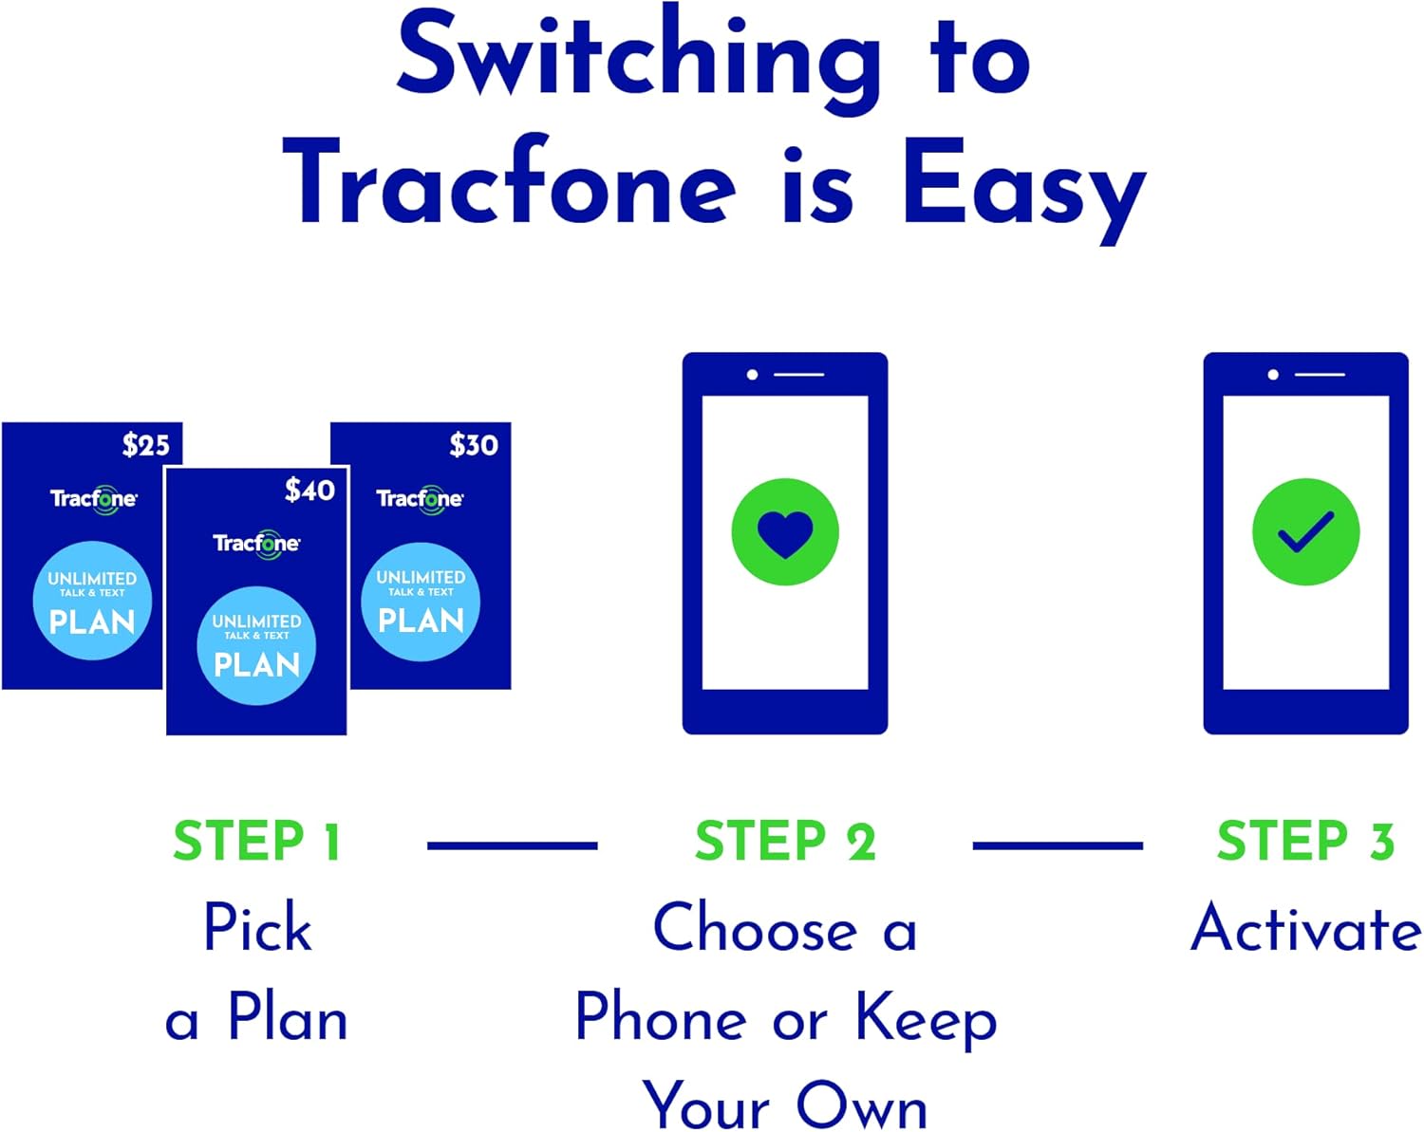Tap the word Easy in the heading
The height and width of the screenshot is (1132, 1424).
point(1023,185)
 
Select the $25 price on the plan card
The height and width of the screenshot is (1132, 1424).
point(145,444)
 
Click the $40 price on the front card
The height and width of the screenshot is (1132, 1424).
point(309,490)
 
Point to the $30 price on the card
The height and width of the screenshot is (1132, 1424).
point(473,444)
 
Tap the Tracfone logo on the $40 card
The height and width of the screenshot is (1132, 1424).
point(256,543)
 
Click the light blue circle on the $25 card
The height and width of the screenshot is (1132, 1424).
point(92,601)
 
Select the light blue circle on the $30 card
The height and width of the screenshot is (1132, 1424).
point(421,601)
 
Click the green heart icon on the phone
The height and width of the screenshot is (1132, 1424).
point(785,532)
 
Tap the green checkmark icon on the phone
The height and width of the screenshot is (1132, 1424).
point(1305,532)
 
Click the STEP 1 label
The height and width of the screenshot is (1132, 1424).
point(256,842)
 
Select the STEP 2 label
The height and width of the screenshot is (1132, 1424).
point(785,842)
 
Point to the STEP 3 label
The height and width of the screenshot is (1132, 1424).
point(1305,842)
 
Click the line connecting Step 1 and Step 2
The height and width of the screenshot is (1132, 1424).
point(512,844)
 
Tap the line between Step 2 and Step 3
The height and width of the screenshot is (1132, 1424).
point(1058,844)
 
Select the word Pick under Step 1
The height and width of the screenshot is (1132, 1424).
point(257,928)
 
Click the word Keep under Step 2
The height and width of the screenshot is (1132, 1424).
point(926,1019)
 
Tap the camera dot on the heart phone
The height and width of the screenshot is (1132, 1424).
point(752,375)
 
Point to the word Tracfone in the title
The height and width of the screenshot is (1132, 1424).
point(510,185)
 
